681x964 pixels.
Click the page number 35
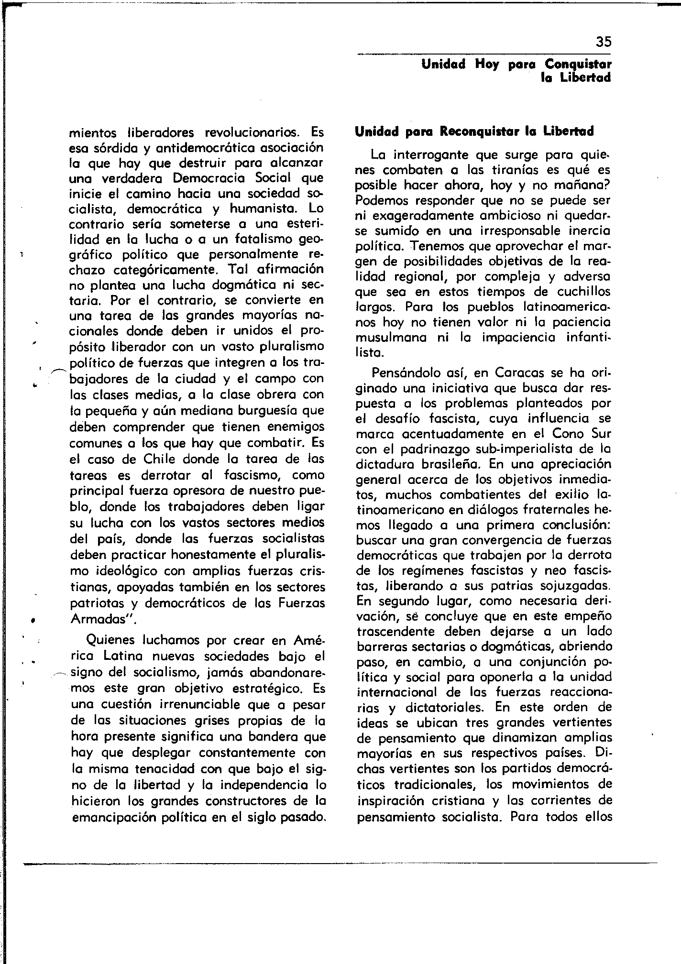(x=604, y=42)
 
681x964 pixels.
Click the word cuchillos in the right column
(x=584, y=292)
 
